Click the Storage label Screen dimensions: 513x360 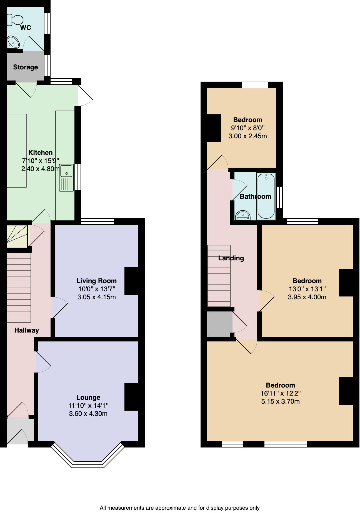(25, 67)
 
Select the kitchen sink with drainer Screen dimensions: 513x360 (66, 178)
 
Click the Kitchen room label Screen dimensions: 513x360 (41, 153)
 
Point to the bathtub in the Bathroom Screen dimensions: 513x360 (266, 196)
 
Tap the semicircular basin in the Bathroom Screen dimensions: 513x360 (243, 215)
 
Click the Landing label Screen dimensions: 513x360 (231, 258)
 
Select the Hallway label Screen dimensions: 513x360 (26, 330)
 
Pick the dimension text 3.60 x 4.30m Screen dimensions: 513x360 (88, 414)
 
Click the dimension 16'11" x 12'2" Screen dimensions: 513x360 (280, 393)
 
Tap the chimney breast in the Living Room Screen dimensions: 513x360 (131, 281)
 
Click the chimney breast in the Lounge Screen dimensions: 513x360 (131, 397)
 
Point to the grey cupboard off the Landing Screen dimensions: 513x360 (219, 324)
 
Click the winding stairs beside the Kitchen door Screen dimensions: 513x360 (17, 236)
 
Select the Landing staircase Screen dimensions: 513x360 (219, 276)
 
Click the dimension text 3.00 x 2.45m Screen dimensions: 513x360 (247, 136)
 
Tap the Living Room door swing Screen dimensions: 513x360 (59, 307)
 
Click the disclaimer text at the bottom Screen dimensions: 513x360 (179, 508)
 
